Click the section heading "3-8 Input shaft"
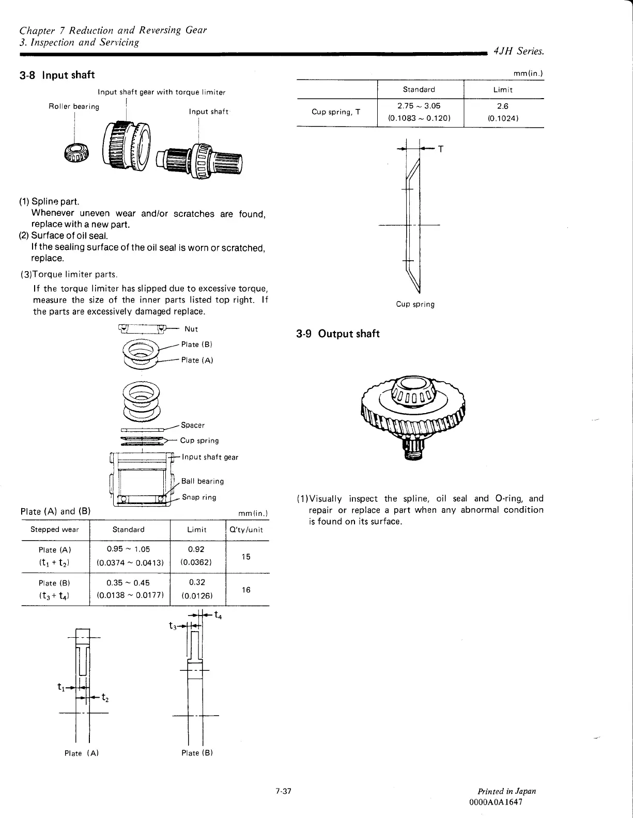click(x=57, y=75)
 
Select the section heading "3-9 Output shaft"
click(x=338, y=334)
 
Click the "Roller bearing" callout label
click(x=73, y=106)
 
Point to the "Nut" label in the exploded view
click(x=191, y=329)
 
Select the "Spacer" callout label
click(x=193, y=425)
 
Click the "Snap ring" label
click(x=199, y=497)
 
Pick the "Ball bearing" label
click(x=203, y=481)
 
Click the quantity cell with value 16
click(x=246, y=589)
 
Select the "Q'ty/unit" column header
click(x=246, y=529)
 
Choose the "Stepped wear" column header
click(x=55, y=529)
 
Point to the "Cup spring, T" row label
click(x=336, y=112)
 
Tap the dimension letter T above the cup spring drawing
click(x=441, y=149)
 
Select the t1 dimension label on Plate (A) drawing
click(x=61, y=687)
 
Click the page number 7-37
click(x=284, y=791)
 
